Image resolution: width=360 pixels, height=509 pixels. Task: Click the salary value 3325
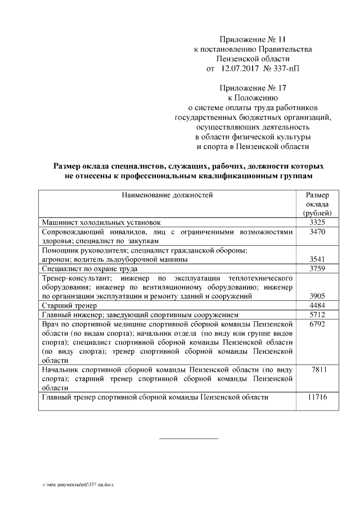[318, 223]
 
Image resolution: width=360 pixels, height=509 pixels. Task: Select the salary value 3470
[318, 232]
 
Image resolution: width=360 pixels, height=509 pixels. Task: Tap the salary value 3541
[318, 259]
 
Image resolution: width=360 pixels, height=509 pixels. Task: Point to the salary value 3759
[318, 268]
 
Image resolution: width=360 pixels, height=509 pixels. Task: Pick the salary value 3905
[318, 296]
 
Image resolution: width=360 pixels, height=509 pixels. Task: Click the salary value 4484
[318, 305]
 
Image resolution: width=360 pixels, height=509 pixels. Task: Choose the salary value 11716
[318, 397]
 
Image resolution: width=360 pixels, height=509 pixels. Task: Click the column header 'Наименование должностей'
[167, 195]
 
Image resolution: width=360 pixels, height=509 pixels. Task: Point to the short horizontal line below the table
[188, 438]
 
